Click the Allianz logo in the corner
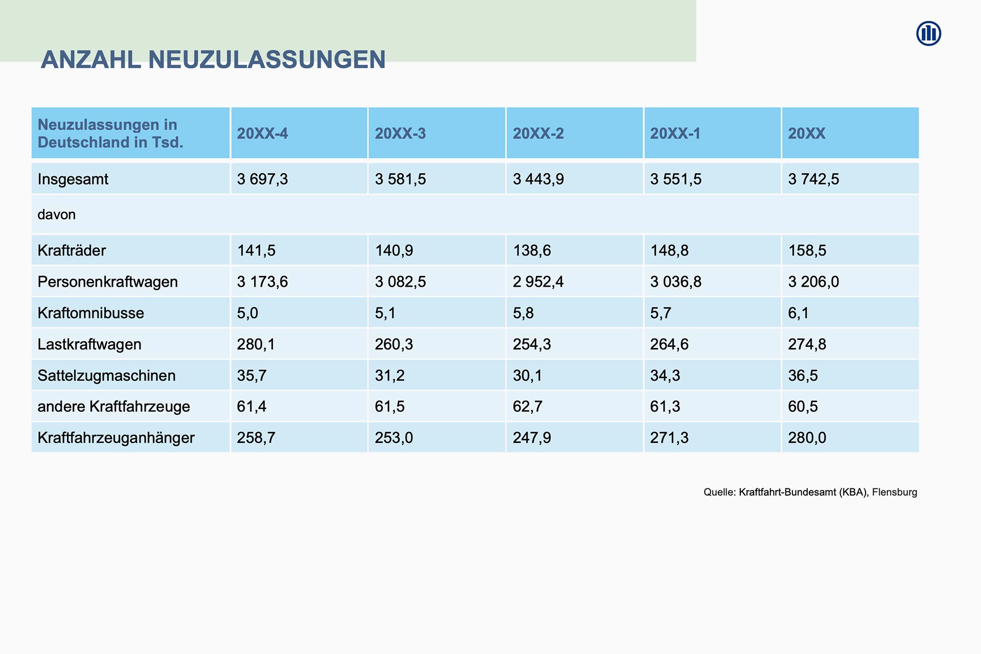click(928, 34)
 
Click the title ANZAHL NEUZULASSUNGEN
click(213, 60)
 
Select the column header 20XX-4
click(262, 133)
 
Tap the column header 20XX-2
click(538, 133)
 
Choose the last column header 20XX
click(806, 133)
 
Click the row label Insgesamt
click(73, 179)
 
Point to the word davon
click(57, 215)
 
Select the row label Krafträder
click(72, 250)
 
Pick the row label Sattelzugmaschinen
click(106, 376)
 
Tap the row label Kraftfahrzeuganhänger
click(116, 438)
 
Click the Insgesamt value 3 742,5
click(813, 179)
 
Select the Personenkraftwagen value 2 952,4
click(538, 282)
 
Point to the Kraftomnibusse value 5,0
click(247, 313)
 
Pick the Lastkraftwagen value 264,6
click(669, 344)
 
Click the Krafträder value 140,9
click(394, 250)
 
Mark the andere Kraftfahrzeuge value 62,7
click(527, 407)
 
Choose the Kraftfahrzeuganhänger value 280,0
click(807, 438)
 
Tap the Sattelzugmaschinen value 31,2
click(389, 376)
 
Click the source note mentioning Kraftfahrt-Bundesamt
click(810, 492)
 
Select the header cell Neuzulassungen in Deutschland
click(110, 133)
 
